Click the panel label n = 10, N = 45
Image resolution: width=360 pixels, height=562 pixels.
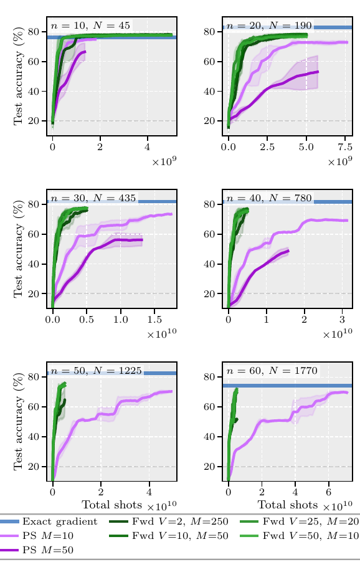click(x=90, y=26)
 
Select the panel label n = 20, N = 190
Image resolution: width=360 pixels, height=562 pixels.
click(x=269, y=26)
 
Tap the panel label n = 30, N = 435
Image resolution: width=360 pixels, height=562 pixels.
click(x=93, y=198)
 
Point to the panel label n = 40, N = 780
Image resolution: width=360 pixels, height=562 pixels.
click(x=269, y=198)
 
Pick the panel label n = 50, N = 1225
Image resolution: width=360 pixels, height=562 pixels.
click(x=97, y=370)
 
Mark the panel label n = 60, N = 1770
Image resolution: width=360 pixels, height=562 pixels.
click(x=272, y=370)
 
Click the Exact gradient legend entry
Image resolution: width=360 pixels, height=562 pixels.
click(x=49, y=522)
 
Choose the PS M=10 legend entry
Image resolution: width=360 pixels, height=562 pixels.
click(x=37, y=536)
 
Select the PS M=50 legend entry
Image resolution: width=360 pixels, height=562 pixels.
click(x=37, y=550)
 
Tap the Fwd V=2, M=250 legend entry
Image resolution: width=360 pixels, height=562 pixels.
click(x=168, y=522)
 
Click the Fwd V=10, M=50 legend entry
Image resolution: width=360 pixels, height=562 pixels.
click(x=168, y=536)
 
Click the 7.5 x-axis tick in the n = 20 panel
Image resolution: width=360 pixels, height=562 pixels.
click(x=345, y=147)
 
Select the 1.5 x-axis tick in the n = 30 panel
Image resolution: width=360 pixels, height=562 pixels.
click(x=154, y=320)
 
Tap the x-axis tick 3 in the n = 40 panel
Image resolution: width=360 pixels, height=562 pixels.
click(x=342, y=320)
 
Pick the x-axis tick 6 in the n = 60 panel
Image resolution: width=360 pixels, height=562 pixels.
click(x=328, y=492)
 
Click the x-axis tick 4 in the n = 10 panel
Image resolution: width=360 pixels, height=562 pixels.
click(x=147, y=147)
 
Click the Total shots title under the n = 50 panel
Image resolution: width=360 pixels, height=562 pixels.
click(x=112, y=505)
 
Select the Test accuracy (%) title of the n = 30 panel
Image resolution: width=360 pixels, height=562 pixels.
click(x=19, y=249)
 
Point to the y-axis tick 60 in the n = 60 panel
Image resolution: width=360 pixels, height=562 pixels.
click(x=209, y=407)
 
